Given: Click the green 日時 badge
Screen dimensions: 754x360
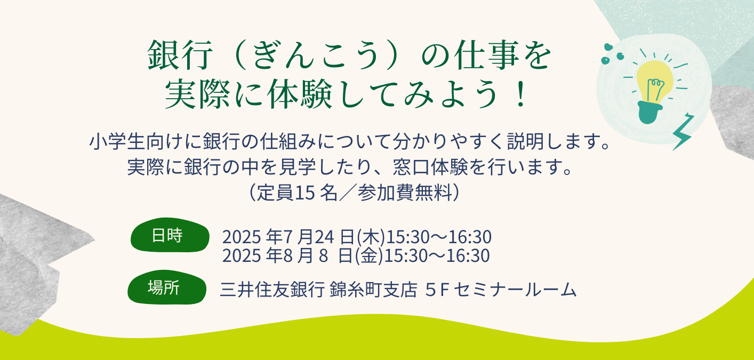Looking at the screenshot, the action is (170, 235).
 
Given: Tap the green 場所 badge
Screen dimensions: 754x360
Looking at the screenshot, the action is (167, 287).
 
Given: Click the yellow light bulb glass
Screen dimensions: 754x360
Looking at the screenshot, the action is (654, 81).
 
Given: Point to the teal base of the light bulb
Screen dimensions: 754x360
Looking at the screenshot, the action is (649, 113).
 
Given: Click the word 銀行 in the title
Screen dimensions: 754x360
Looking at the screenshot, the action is (181, 55).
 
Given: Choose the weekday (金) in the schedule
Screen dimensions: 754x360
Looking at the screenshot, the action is (368, 255).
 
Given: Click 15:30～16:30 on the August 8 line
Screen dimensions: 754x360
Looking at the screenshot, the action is (437, 255).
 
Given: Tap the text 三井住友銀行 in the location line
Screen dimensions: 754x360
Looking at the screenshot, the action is (272, 289).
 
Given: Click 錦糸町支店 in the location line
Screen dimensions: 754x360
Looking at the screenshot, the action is (374, 289).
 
